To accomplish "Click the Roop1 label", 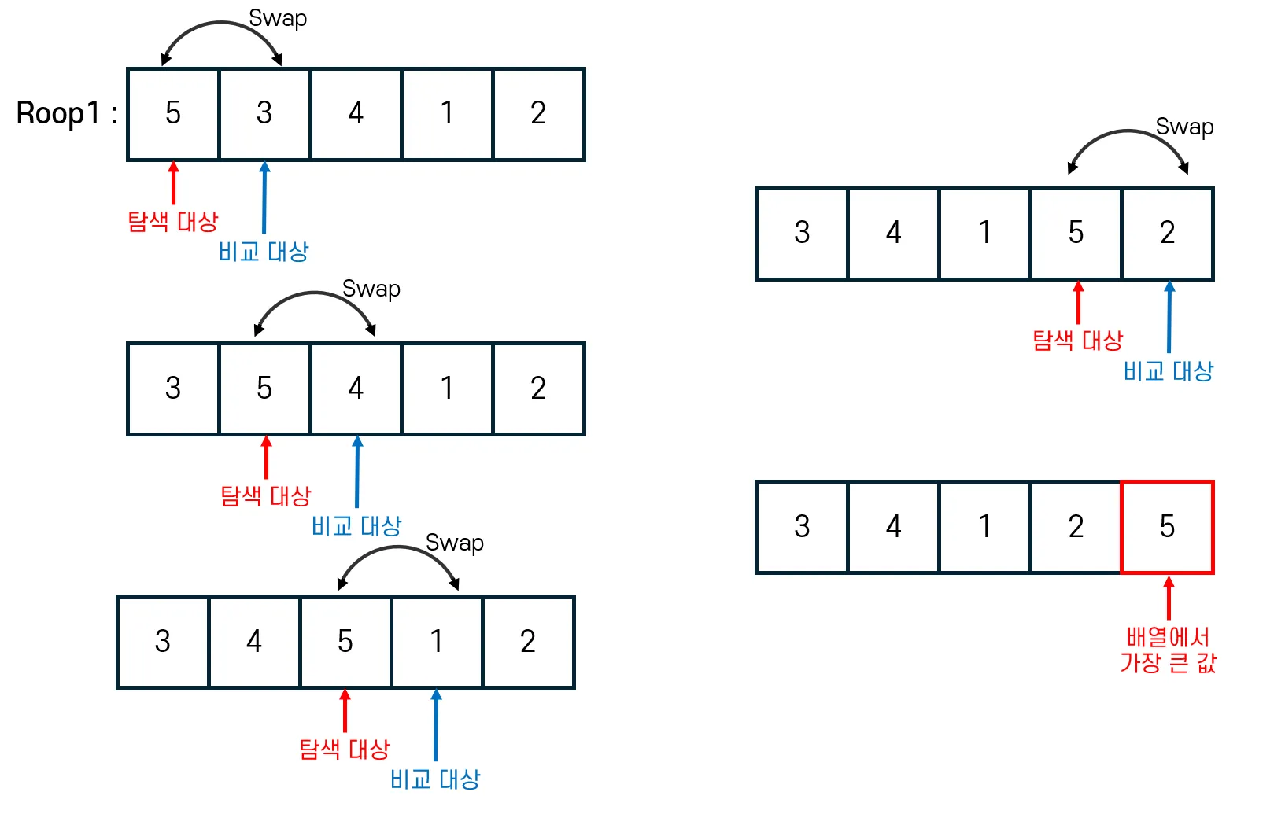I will [x=67, y=114].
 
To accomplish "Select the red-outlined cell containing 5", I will [x=1167, y=527].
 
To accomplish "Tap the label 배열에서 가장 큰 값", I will [x=1168, y=650].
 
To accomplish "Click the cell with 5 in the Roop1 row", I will [x=173, y=114].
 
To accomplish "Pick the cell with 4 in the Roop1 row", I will [x=356, y=114].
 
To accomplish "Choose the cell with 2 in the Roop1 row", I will [x=538, y=114].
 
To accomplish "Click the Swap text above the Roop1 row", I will [x=278, y=18].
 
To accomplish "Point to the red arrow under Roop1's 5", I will [x=174, y=183].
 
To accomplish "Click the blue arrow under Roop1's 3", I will [x=264, y=197].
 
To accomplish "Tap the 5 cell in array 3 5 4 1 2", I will [x=264, y=389].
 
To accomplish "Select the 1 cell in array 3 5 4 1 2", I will [x=447, y=389].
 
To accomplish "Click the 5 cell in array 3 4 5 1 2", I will [x=345, y=642].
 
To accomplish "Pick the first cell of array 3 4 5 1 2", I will [x=163, y=642].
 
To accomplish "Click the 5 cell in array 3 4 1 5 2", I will [x=1076, y=234].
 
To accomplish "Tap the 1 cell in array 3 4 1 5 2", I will [x=984, y=234].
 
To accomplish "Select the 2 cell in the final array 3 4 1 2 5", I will [x=1076, y=527].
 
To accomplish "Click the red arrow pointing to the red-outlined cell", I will [x=1169, y=599].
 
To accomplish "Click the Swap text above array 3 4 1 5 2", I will [x=1184, y=127].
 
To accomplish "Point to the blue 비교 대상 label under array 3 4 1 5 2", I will [x=1169, y=371].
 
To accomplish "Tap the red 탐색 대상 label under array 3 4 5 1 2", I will [x=345, y=749].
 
